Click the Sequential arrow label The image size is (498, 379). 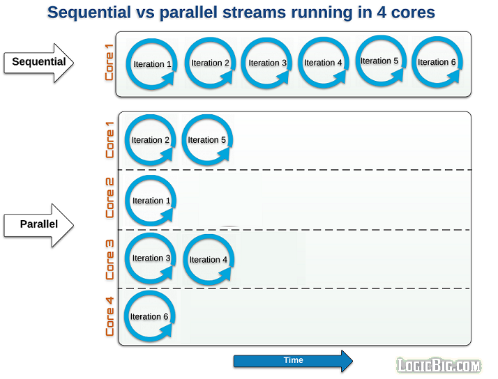pos(39,62)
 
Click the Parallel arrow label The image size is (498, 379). pos(39,224)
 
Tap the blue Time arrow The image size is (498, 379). pos(293,361)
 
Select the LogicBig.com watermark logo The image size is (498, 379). pos(439,365)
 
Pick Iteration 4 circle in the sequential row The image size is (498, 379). pos(323,63)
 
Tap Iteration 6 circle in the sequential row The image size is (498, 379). pos(437,62)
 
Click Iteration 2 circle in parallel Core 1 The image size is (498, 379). pos(151,140)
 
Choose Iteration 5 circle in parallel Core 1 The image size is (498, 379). pos(207,140)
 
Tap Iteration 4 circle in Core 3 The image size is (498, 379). pos(209,260)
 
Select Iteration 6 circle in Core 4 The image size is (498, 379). pos(149,317)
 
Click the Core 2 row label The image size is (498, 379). pos(110,199)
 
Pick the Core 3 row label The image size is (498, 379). pos(110,259)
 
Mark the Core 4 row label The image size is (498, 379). pos(110,317)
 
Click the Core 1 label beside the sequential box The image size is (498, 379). pos(110,63)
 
